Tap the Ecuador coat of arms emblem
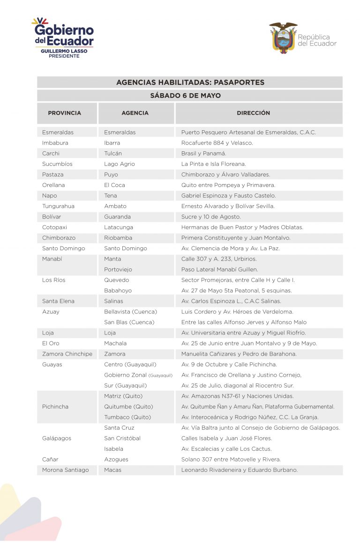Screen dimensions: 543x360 [x=283, y=37]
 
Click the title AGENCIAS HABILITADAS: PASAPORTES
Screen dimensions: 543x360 [x=190, y=82]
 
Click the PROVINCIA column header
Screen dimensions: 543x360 [x=64, y=113]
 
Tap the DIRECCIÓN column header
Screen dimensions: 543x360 [x=253, y=113]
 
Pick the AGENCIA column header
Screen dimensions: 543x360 [x=135, y=113]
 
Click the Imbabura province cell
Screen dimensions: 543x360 [x=55, y=143]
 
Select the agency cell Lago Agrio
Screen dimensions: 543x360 [x=119, y=164]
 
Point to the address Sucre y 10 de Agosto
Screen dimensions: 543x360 [x=210, y=217]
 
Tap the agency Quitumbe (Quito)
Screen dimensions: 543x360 [x=128, y=407]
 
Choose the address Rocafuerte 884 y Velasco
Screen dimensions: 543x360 [x=217, y=143]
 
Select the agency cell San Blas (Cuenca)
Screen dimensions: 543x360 [x=129, y=322]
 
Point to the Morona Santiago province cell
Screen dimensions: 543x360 [x=65, y=470]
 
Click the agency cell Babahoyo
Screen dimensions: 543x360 [x=118, y=290]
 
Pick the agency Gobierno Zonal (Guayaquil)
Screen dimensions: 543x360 [x=138, y=375]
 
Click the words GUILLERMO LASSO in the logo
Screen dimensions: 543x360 [x=64, y=51]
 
